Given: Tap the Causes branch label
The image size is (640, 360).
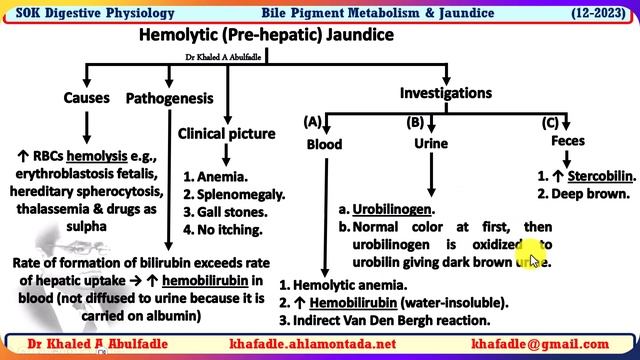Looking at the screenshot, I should coord(87,98).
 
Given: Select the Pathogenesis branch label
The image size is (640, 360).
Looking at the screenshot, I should coord(169,98).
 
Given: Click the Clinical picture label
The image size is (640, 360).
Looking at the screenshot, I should coord(227,134).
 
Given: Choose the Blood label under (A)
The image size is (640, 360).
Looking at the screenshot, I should coord(324,144).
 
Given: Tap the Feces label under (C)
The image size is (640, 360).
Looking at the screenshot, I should coord(568,144).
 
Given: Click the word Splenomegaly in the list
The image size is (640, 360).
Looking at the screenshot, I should coord(233,194).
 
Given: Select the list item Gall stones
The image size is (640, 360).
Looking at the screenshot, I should coord(231,212).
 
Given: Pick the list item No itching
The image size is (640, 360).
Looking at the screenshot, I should coord(229,230).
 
